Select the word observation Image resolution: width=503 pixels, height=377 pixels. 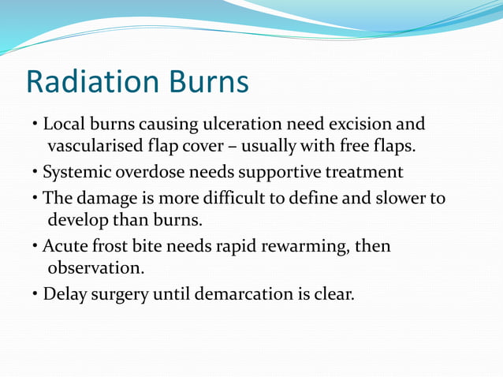96,267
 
